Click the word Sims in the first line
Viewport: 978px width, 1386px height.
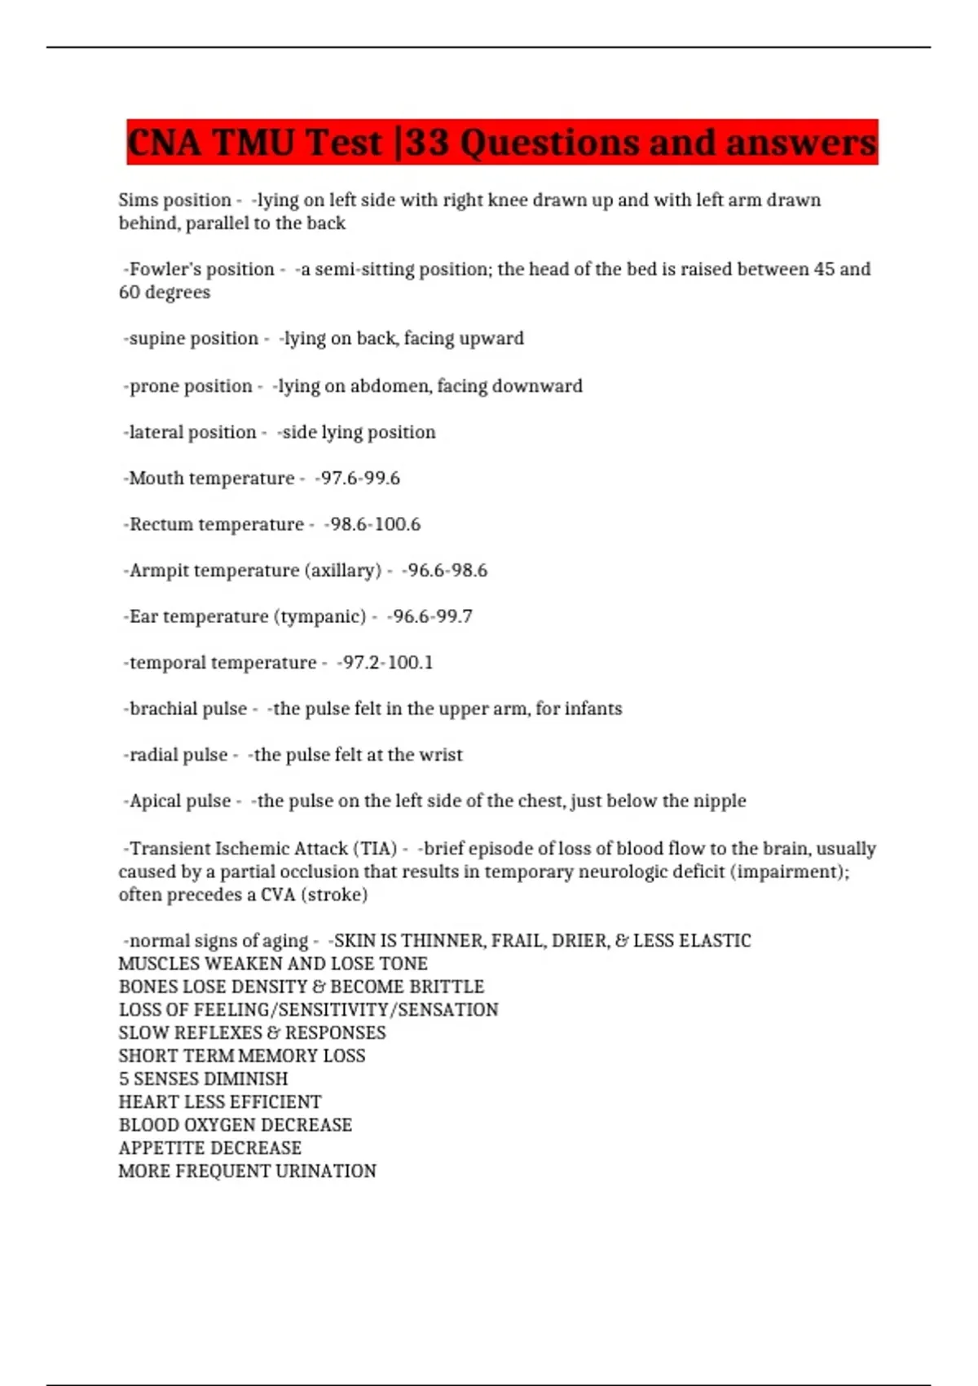tap(139, 201)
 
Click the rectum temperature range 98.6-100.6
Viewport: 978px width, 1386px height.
tap(374, 525)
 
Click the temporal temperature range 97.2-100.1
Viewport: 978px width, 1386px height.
tap(386, 663)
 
